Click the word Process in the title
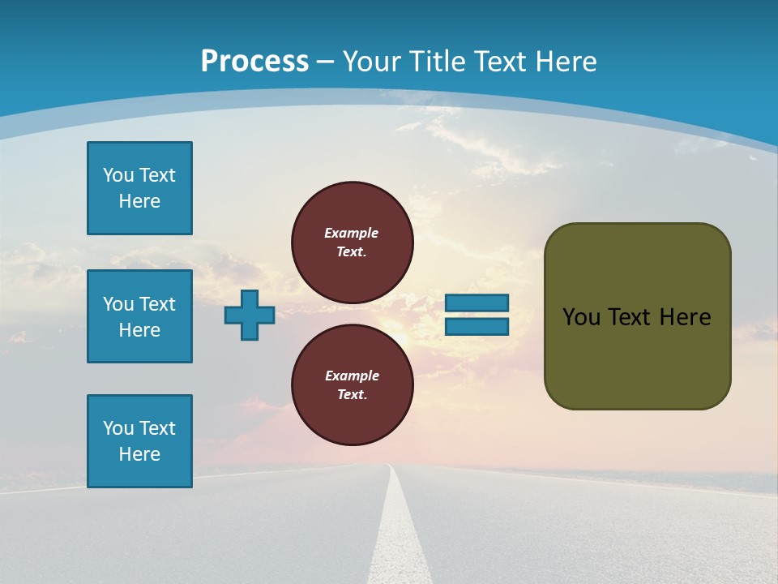(254, 62)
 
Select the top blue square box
(139, 188)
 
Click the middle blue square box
(139, 316)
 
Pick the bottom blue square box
(139, 441)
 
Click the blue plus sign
(250, 316)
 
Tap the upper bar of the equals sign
(477, 303)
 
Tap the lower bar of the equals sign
(477, 327)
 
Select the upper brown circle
(353, 242)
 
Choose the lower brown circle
(353, 384)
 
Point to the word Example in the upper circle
(352, 233)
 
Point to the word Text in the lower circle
(352, 395)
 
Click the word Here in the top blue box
(139, 201)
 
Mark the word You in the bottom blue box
(118, 428)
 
